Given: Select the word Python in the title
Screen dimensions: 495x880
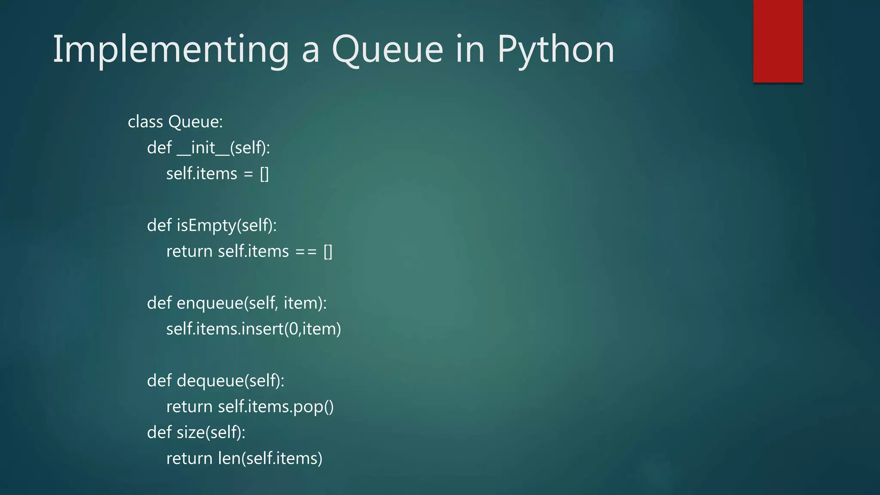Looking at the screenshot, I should (x=556, y=50).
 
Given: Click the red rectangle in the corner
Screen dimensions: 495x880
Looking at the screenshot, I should (x=778, y=41).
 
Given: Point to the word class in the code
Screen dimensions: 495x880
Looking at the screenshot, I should (x=145, y=122).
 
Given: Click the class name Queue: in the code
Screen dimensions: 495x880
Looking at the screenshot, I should (x=196, y=122).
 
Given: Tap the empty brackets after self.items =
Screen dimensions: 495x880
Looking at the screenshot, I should (x=264, y=174).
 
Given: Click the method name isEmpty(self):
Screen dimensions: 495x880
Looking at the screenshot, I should (x=227, y=226).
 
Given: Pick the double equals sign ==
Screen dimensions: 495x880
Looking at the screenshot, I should (x=306, y=252).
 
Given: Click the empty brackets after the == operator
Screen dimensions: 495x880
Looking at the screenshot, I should (x=328, y=252).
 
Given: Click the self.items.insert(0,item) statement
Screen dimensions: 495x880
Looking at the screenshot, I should (x=254, y=329).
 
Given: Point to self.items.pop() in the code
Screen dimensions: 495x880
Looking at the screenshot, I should (x=275, y=407).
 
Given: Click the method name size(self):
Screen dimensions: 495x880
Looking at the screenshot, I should (x=211, y=433).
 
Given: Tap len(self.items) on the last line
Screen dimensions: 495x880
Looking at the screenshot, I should (x=270, y=458).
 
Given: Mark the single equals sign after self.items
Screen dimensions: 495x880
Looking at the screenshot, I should (x=248, y=174).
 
